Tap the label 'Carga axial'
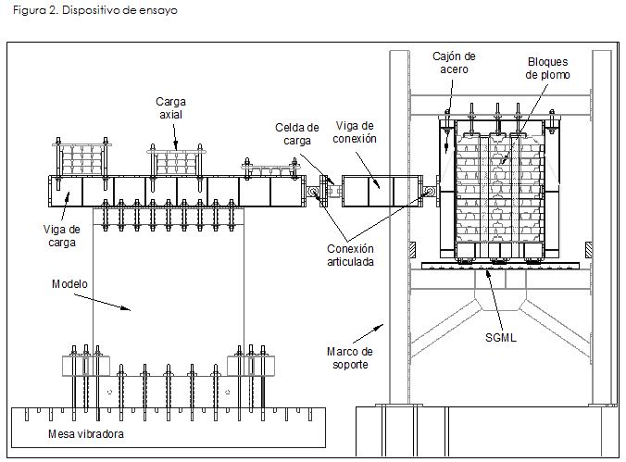[x=171, y=106]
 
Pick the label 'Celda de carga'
[x=297, y=134]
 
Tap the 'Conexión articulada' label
[x=352, y=255]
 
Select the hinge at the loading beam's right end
[x=313, y=194]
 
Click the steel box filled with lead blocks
[x=501, y=190]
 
